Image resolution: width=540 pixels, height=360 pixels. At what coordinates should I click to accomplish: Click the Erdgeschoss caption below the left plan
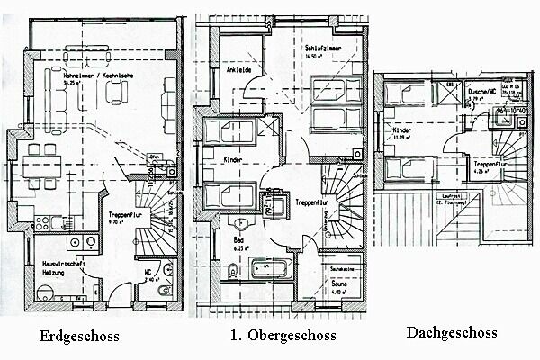(x=80, y=337)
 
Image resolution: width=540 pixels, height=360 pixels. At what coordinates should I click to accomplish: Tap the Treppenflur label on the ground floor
(x=121, y=217)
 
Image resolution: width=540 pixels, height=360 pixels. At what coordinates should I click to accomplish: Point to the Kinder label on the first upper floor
(x=233, y=158)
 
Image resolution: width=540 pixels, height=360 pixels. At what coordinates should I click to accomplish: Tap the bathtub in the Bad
(x=277, y=267)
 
